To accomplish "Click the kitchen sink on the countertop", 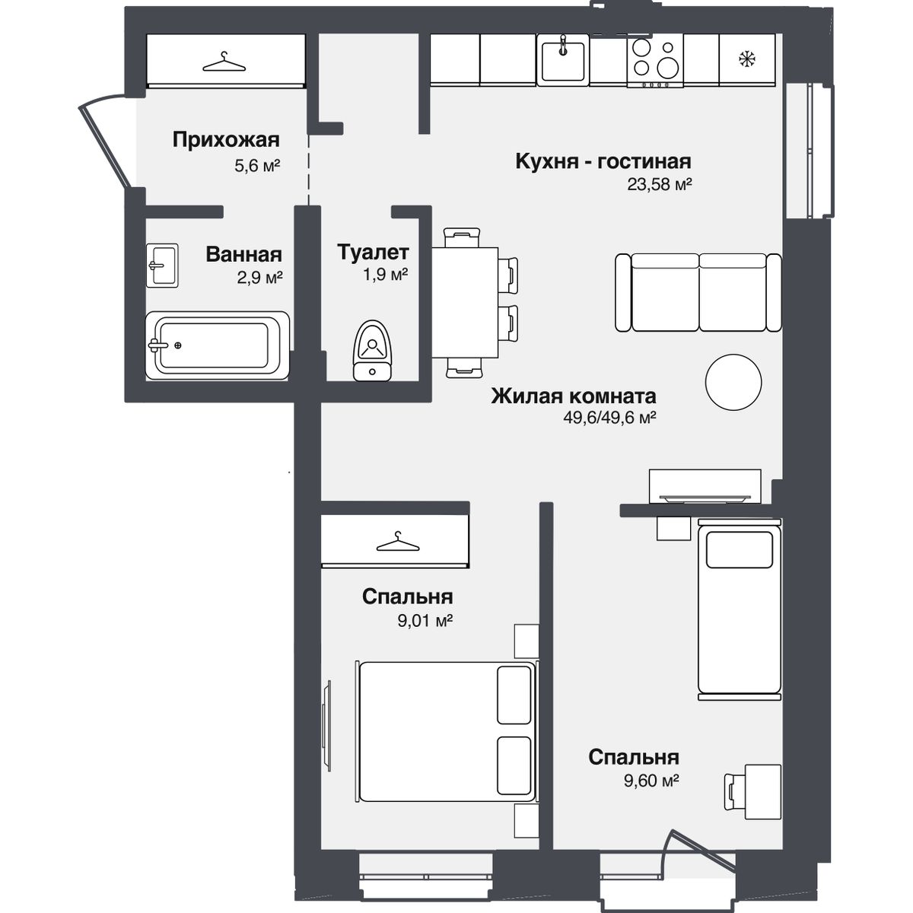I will click(563, 59).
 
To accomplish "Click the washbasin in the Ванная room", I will click(162, 266).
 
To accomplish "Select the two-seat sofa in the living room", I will click(698, 292).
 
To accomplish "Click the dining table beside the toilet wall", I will click(465, 302).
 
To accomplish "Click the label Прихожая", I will click(226, 140).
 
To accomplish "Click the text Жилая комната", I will click(574, 396).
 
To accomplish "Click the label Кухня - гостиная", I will click(603, 161).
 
